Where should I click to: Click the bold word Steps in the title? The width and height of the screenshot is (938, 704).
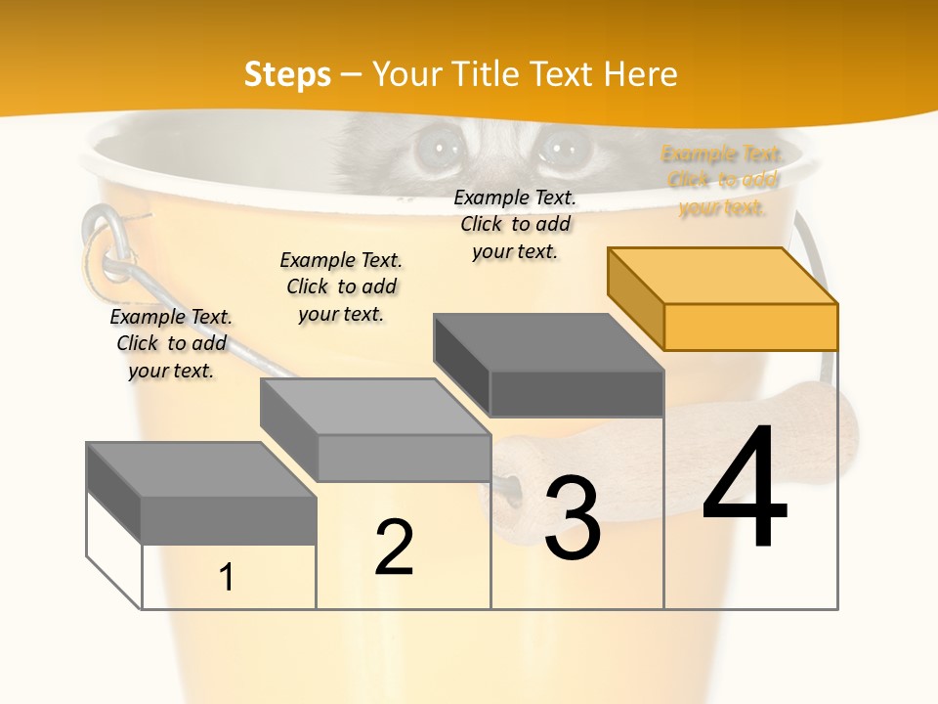click(x=287, y=74)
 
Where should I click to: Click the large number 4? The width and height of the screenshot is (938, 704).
click(x=745, y=488)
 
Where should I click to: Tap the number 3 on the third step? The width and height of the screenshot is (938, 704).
click(x=573, y=517)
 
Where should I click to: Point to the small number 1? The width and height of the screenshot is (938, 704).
click(x=227, y=578)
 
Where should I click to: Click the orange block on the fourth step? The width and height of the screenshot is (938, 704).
click(x=723, y=298)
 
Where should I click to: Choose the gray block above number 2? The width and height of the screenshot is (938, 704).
click(x=376, y=430)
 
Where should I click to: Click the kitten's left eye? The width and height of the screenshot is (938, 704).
click(x=437, y=150)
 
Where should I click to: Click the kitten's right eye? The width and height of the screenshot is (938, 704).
click(x=561, y=150)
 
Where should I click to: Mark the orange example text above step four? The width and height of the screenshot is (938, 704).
click(x=722, y=180)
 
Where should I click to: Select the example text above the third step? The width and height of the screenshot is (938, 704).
click(x=515, y=224)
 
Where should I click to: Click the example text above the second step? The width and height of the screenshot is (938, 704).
click(x=341, y=286)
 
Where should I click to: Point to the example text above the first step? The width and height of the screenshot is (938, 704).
click(x=171, y=343)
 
